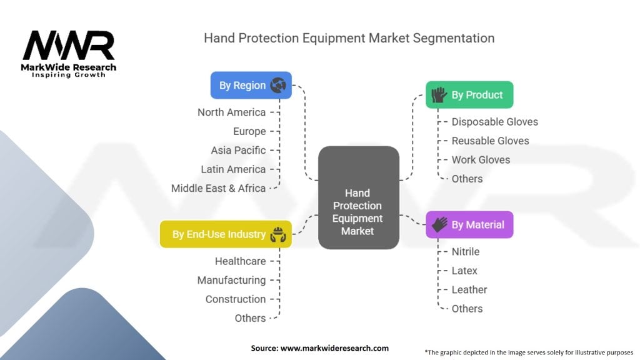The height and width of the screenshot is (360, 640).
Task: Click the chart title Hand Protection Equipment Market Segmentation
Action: point(349,38)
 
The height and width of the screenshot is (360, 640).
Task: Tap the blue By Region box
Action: point(251,85)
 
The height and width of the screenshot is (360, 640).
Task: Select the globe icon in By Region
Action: point(278,85)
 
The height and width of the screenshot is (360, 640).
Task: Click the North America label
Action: point(231,112)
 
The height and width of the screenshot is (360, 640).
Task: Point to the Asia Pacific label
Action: point(238,150)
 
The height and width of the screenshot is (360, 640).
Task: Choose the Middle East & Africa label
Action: point(218,188)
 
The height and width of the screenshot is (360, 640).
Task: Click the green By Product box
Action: point(469,95)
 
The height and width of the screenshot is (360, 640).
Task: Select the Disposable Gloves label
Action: point(494,122)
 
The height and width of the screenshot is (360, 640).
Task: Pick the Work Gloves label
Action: point(481,159)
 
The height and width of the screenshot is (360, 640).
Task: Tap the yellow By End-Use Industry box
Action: point(226,234)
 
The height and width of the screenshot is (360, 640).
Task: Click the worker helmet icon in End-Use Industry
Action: point(277,234)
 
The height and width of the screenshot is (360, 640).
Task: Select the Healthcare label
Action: point(240,261)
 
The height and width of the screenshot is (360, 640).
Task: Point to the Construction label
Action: point(236,299)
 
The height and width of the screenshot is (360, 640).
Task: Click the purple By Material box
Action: point(469,224)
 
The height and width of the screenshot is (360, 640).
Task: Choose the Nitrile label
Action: point(466,251)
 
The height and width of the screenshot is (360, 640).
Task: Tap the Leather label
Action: point(469,289)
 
